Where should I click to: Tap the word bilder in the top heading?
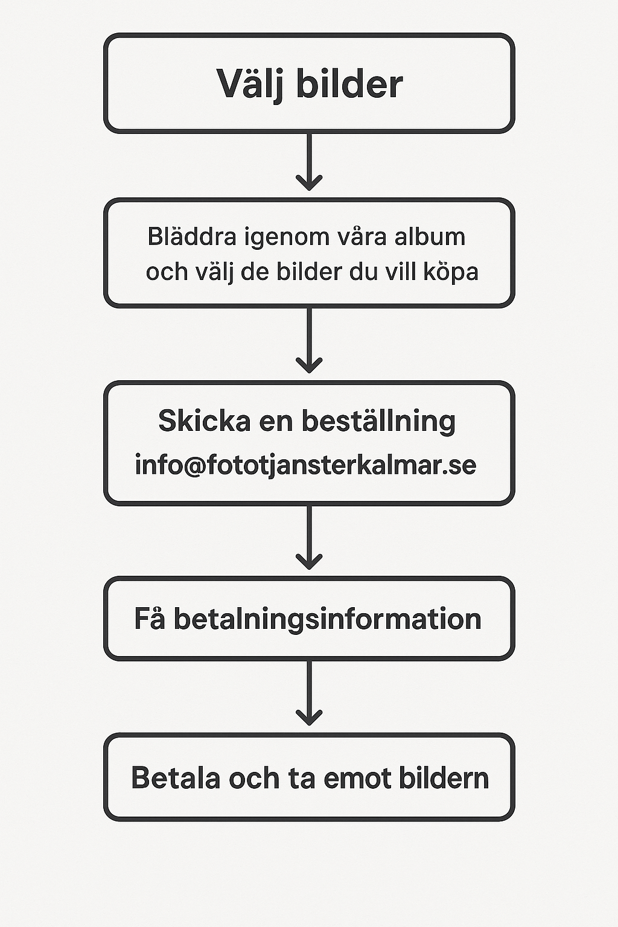(349, 83)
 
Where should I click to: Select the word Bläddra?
(192, 237)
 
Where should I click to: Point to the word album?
(429, 237)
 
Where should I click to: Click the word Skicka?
(205, 421)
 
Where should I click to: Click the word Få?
(150, 618)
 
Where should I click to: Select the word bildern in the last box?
(444, 777)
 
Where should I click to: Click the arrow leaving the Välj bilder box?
(309, 161)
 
